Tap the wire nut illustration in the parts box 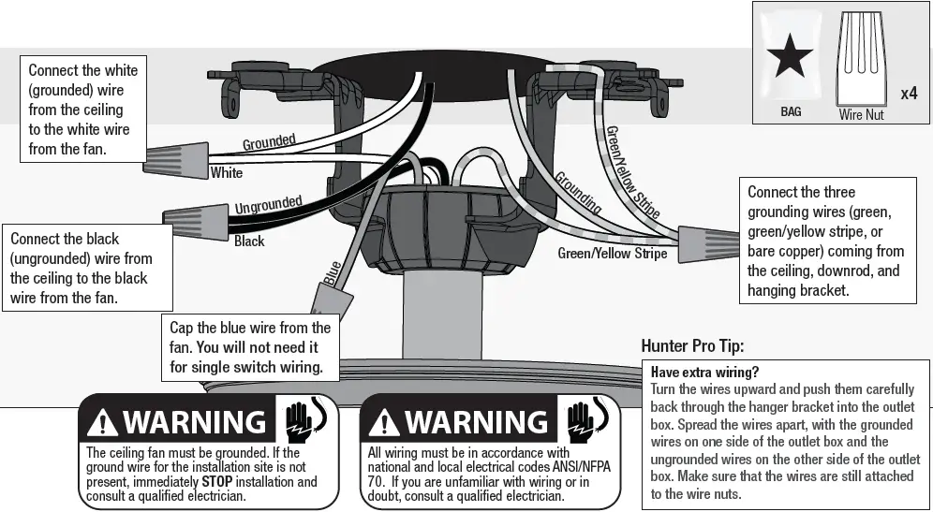[x=861, y=59]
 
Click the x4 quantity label [x=908, y=94]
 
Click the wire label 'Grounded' [x=269, y=142]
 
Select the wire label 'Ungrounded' [x=268, y=203]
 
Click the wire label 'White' [x=226, y=172]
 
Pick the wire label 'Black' [x=249, y=241]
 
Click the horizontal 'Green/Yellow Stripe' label [x=613, y=253]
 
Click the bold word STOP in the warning [x=216, y=482]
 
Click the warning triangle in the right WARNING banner [x=383, y=424]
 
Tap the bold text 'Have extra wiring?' [x=703, y=372]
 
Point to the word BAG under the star [x=791, y=111]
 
